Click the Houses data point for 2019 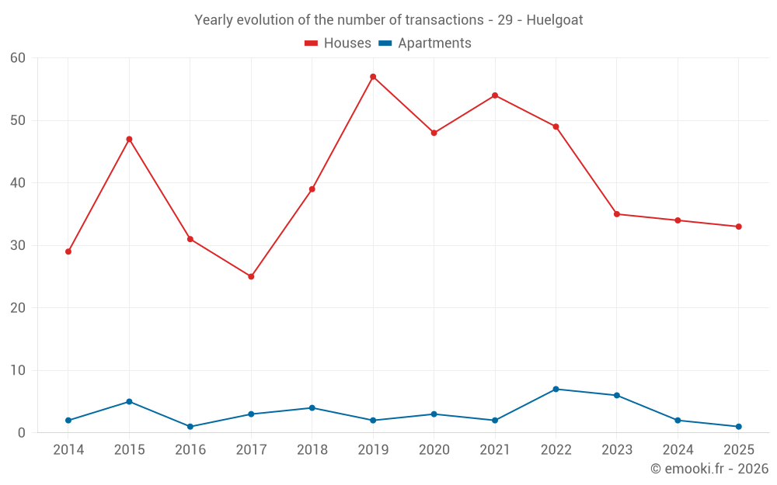point(373,77)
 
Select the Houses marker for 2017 point(251,277)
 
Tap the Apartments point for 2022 point(556,389)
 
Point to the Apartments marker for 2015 point(129,401)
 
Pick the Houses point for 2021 point(495,95)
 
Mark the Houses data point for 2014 point(68,251)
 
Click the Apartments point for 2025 point(739,427)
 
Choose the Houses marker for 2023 point(617,214)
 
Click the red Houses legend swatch point(312,43)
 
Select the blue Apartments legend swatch point(385,43)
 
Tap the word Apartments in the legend point(434,43)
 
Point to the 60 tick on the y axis point(18,58)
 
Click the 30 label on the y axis point(18,245)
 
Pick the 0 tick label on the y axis point(21,432)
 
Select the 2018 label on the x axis point(312,449)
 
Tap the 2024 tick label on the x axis point(678,449)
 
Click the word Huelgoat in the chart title point(555,20)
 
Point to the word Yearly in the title point(211,20)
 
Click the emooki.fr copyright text point(709,468)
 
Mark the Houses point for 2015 point(129,139)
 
